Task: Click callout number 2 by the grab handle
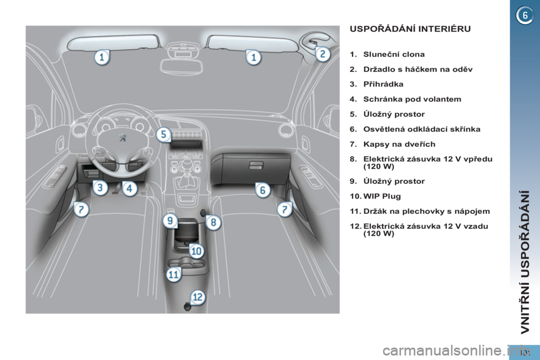pyautogui.click(x=323, y=54)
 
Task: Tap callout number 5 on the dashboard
pyautogui.click(x=164, y=134)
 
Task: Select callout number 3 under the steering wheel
pyautogui.click(x=100, y=188)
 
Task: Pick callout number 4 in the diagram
pyautogui.click(x=129, y=188)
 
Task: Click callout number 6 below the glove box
pyautogui.click(x=263, y=190)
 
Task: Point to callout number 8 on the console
pyautogui.click(x=214, y=223)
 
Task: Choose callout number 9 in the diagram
pyautogui.click(x=170, y=220)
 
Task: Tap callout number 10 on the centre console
pyautogui.click(x=196, y=251)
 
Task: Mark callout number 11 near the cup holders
pyautogui.click(x=174, y=274)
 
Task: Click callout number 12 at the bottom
pyautogui.click(x=197, y=297)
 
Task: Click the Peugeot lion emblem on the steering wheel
pyautogui.click(x=122, y=138)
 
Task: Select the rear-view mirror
pyautogui.click(x=182, y=66)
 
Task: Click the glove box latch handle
pyautogui.click(x=256, y=166)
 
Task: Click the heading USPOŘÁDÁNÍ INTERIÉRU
pyautogui.click(x=410, y=29)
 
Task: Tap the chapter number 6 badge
pyautogui.click(x=524, y=16)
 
